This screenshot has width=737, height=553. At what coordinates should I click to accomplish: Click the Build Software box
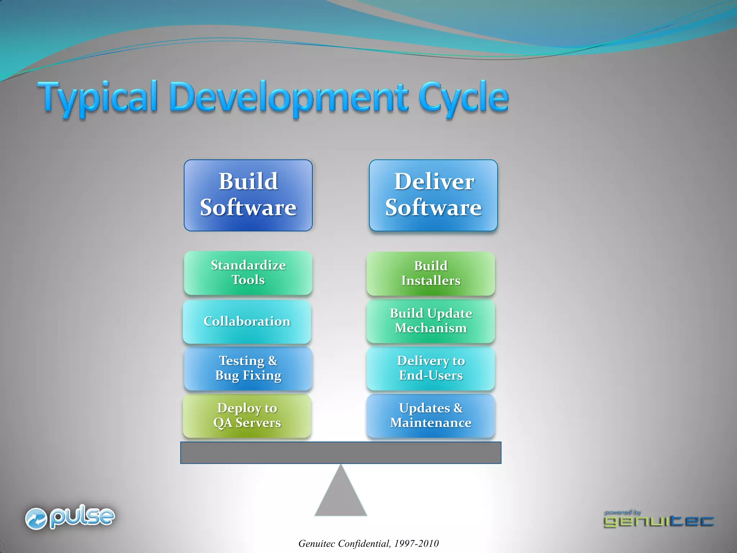coord(248,195)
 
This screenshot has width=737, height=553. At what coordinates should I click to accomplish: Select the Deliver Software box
coord(433,195)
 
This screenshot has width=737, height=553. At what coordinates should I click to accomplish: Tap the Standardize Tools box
coord(248,273)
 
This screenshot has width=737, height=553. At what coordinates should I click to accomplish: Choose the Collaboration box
coord(247,321)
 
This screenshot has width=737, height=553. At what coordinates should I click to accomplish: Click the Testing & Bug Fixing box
coord(248,368)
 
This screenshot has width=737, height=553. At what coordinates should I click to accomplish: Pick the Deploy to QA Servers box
coord(247,415)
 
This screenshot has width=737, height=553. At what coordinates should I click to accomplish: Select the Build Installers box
coord(431,273)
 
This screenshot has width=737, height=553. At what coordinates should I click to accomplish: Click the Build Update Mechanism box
coord(431,321)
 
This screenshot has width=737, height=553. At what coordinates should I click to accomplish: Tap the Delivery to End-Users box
coord(431,368)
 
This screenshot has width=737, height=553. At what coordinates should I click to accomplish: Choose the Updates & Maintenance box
coord(431,415)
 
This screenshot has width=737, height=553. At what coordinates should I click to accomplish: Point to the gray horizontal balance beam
coord(340,453)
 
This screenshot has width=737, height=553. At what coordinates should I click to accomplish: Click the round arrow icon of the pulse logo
coord(36,519)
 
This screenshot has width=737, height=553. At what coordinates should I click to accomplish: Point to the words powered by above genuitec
coord(623,512)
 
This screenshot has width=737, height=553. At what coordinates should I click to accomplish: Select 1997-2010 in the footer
coord(416,544)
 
